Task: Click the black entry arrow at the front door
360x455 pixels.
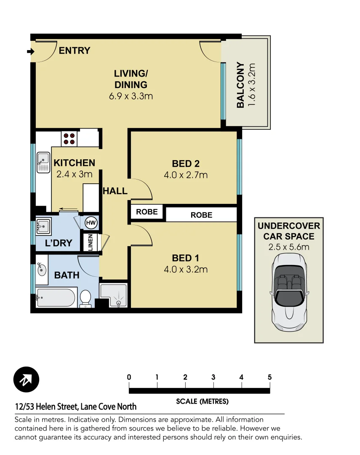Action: (x=30, y=51)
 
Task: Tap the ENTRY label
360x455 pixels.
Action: (x=74, y=51)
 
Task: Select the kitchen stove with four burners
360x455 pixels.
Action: (x=69, y=139)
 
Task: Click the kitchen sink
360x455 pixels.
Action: (x=43, y=162)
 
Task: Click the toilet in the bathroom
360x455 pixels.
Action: (x=85, y=298)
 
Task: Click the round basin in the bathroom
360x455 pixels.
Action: (x=42, y=269)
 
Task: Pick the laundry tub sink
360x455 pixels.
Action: (x=43, y=227)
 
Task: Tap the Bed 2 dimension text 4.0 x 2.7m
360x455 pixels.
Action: (x=186, y=175)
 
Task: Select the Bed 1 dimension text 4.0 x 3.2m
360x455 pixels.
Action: (x=186, y=269)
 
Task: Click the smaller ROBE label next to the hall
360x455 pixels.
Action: (x=147, y=212)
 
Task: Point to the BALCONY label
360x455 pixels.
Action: (x=240, y=85)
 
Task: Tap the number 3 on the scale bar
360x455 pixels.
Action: (x=213, y=377)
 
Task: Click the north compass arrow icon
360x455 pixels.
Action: (x=26, y=380)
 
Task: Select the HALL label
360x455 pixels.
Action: (x=115, y=191)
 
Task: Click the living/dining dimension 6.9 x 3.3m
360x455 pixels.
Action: (x=131, y=96)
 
